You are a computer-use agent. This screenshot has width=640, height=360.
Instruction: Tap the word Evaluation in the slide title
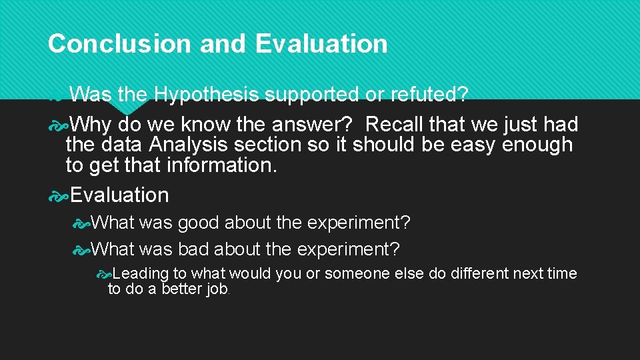(x=321, y=44)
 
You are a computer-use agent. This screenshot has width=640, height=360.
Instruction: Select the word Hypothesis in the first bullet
(x=206, y=95)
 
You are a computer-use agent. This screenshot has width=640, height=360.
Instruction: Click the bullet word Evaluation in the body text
(x=120, y=195)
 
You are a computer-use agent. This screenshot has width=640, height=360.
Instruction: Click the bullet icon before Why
(x=58, y=125)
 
